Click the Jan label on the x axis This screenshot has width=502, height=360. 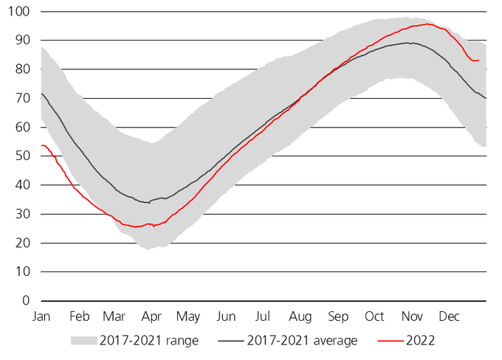(x=41, y=316)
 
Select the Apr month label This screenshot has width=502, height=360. (x=151, y=316)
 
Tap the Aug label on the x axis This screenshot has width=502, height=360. (x=300, y=316)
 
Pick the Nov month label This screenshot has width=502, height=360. (x=412, y=316)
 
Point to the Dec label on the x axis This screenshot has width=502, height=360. (x=449, y=316)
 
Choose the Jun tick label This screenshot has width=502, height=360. (x=226, y=316)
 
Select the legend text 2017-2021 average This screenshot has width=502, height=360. (x=303, y=340)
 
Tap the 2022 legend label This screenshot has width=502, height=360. (x=420, y=340)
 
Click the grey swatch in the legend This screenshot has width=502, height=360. (x=84, y=340)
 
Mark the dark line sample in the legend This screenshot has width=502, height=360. (x=228, y=340)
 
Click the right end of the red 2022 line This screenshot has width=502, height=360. (x=479, y=60)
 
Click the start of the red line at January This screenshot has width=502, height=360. (x=42, y=145)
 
